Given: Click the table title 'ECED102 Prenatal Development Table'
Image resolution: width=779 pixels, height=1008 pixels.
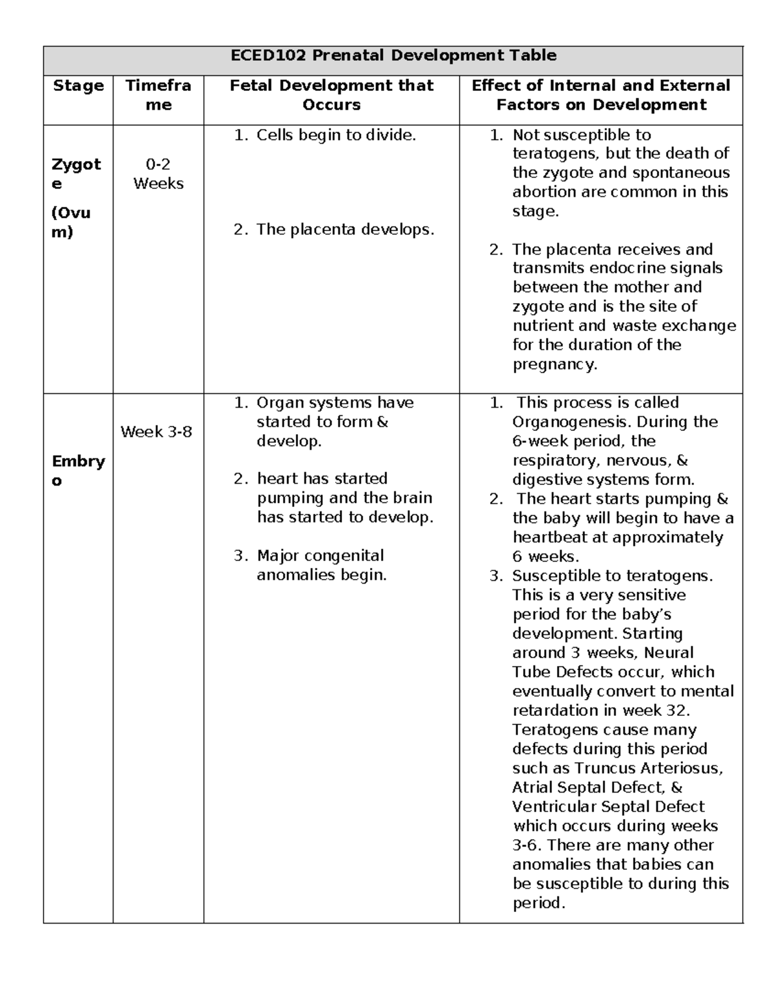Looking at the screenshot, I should (x=393, y=55).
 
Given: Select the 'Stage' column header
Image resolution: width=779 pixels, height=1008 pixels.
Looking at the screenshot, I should (x=78, y=86).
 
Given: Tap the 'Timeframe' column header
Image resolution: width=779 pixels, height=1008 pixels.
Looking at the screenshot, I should (x=158, y=95).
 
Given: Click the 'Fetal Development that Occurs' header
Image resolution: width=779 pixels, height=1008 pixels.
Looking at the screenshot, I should (x=331, y=95).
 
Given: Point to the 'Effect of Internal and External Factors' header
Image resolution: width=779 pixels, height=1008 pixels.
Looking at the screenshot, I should (x=600, y=95).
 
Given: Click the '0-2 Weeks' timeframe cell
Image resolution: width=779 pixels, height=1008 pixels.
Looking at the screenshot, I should (x=158, y=174).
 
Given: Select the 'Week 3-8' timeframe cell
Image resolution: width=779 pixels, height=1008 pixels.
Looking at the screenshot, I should (x=156, y=432).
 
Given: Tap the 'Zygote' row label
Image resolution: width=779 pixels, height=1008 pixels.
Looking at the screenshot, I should (x=77, y=173).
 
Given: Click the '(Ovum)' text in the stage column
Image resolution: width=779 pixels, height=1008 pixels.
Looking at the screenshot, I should (x=71, y=222).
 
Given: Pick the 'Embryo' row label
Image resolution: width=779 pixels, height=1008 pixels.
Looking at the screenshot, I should (x=78, y=471).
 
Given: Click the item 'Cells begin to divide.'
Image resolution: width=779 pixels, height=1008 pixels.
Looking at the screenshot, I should (x=336, y=135).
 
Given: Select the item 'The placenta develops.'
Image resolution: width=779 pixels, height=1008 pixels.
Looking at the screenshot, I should (x=345, y=229).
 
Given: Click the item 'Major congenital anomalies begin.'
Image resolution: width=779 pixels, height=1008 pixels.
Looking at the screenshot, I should (x=321, y=565).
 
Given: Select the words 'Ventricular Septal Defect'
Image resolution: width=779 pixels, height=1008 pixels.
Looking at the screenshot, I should (x=608, y=807).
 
